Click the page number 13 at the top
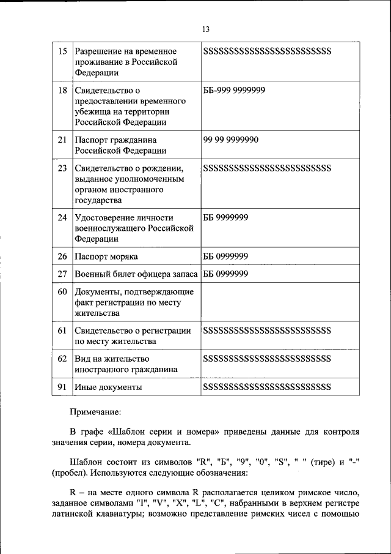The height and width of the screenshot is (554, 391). [x=205, y=29]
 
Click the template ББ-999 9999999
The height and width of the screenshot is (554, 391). [x=234, y=90]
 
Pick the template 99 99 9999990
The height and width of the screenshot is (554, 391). [x=231, y=140]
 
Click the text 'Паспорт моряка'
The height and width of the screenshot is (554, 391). [x=106, y=256]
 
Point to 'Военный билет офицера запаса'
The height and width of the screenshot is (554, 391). [x=136, y=274]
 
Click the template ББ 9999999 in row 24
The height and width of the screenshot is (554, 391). [x=225, y=217]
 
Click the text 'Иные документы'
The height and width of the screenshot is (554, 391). [x=109, y=387]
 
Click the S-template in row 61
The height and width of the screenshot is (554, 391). [x=267, y=331]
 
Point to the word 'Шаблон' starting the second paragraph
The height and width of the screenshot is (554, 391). [x=86, y=462]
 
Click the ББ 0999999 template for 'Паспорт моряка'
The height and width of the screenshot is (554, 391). [x=225, y=256]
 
